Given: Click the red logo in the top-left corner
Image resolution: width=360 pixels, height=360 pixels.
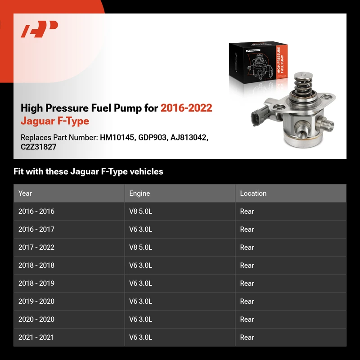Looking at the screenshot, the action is pos(39,29).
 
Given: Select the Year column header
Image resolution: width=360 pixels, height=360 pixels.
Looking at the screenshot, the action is pos(25,193).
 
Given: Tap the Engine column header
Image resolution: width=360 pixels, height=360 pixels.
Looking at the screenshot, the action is pos(139,193).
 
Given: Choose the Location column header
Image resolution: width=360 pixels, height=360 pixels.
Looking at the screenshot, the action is pos(253,193).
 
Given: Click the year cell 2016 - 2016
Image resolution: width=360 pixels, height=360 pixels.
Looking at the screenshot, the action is pos(36,211).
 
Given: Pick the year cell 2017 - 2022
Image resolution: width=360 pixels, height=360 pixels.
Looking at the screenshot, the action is pos(36,247).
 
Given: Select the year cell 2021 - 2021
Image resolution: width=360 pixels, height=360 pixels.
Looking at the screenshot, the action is pos(36,337).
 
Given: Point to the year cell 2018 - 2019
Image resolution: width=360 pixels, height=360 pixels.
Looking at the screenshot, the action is pos(36,283).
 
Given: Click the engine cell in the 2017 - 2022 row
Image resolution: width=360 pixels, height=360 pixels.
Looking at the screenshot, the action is pos(140,247).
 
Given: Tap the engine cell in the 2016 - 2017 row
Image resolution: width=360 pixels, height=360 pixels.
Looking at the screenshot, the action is pos(140,229).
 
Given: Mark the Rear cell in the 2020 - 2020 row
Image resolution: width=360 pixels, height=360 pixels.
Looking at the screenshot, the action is pos(247,319).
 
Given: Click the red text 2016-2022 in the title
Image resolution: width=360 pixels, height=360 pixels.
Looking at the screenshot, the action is pos(186,108).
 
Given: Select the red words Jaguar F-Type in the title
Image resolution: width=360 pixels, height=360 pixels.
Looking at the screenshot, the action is pos(55,121).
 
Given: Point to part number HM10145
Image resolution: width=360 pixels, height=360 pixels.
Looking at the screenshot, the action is pos(117,137).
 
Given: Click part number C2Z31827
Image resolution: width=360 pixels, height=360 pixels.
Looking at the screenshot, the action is pos(38,147).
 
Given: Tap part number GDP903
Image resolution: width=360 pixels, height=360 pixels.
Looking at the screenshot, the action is pos(152,137).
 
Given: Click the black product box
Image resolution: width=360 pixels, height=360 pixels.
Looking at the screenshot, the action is pos(258,63).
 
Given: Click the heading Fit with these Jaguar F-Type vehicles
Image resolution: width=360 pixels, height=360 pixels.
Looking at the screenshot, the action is pos(88,171).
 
